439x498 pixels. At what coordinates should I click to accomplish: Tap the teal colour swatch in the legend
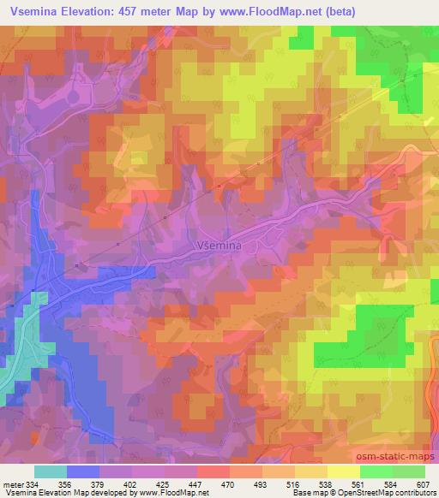coord(51,471)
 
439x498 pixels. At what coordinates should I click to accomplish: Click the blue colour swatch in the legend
coord(83,471)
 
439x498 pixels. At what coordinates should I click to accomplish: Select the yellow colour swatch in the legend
coord(343,471)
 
